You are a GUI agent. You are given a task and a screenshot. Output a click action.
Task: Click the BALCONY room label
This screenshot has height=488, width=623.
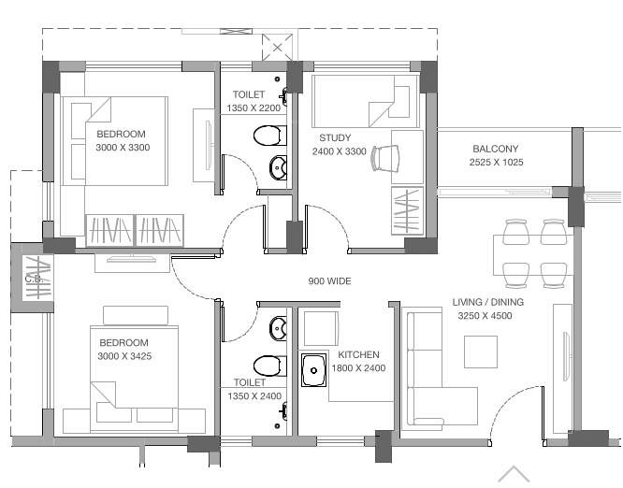tap(495, 149)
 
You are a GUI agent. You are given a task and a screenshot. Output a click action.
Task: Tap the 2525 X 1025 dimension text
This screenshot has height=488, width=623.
tap(496, 163)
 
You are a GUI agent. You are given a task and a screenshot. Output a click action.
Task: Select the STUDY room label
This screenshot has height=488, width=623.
tap(334, 138)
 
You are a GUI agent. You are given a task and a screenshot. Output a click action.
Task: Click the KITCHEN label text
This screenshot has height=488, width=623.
tap(358, 355)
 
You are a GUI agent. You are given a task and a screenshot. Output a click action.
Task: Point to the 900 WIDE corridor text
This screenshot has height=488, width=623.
tap(329, 280)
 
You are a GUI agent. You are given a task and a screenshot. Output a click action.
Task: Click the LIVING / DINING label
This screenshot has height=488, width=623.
tap(487, 303)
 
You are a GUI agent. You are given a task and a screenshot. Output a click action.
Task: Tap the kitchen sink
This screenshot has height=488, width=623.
tap(312, 369)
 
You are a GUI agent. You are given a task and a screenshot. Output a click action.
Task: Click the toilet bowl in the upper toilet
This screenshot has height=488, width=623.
tap(268, 136)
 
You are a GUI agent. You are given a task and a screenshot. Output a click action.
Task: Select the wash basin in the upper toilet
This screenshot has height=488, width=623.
tap(278, 168)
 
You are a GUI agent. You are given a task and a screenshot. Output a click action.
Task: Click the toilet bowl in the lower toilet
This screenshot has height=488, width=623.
tap(268, 365)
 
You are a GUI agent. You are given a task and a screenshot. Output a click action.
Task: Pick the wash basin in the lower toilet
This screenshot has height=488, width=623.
tap(278, 328)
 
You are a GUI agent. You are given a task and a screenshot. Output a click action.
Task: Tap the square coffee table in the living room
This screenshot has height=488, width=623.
tap(481, 352)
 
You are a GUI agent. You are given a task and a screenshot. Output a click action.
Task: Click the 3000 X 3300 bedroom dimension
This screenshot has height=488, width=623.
tap(123, 148)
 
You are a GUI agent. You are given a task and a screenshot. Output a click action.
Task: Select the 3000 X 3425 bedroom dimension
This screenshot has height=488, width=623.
tap(124, 356)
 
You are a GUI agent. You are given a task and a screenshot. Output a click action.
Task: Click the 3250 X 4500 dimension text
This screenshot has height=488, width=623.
tap(485, 316)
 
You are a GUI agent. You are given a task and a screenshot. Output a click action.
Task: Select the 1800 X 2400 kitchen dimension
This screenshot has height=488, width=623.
tap(358, 368)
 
